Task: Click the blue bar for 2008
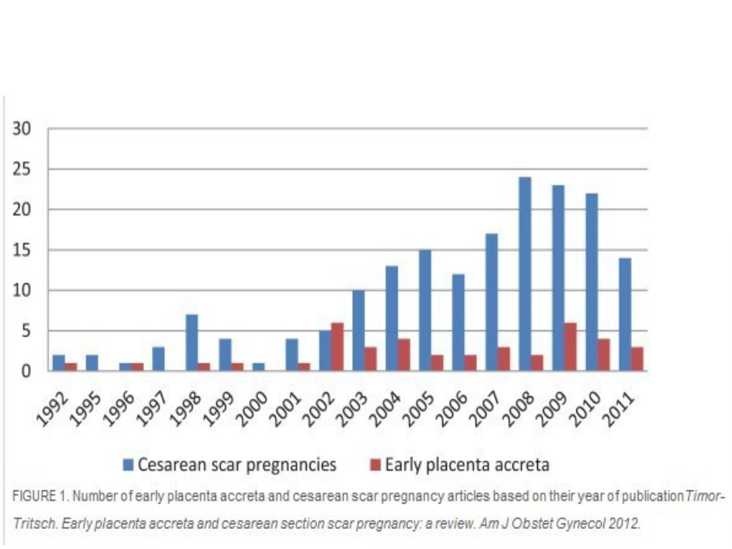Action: coord(525,274)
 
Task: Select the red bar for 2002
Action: coord(337,346)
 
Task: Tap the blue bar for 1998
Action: coord(192,343)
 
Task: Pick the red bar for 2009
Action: coord(570,346)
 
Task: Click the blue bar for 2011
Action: coord(625,314)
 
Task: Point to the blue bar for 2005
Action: coord(425,310)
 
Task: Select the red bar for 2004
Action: coord(404,355)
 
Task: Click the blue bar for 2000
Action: coord(258,367)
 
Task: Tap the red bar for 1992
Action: coord(71,367)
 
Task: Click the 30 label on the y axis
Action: coord(22,129)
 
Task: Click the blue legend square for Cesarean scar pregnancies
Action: coord(129,464)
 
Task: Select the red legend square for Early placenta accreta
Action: coord(375,464)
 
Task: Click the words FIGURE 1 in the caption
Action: coord(41,496)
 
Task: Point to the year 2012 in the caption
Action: coord(623,524)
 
